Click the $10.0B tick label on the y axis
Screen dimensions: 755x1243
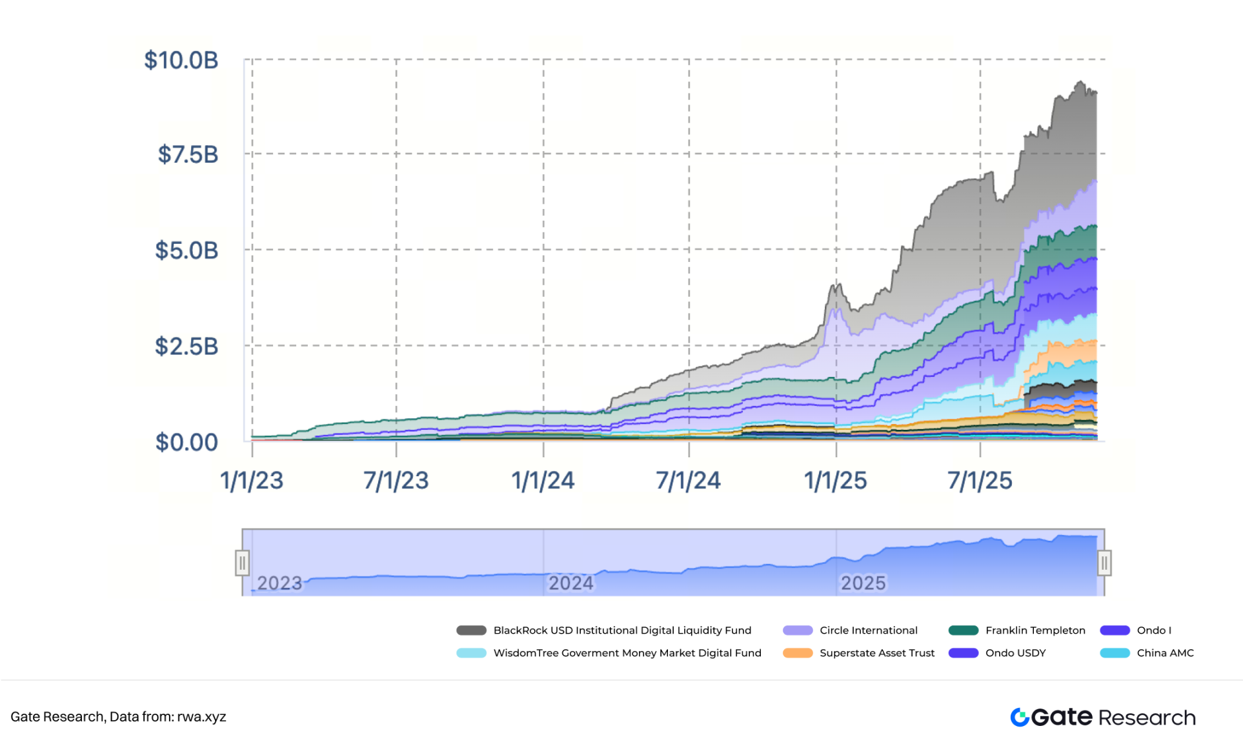pyautogui.click(x=181, y=60)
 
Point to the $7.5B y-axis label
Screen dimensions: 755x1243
pyautogui.click(x=188, y=155)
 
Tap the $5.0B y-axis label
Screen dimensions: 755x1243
pyautogui.click(x=187, y=250)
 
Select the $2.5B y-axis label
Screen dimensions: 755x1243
pyautogui.click(x=187, y=347)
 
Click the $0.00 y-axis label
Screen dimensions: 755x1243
pyautogui.click(x=187, y=443)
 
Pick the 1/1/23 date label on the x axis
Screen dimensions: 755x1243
pyautogui.click(x=252, y=481)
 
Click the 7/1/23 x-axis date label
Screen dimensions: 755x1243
pyautogui.click(x=396, y=481)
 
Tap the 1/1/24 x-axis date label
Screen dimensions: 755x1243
pyautogui.click(x=543, y=481)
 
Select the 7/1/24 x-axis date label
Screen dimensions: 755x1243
pyautogui.click(x=688, y=481)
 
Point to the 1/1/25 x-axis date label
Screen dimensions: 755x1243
pyautogui.click(x=835, y=481)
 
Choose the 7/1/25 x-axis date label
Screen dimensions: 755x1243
pyautogui.click(x=980, y=481)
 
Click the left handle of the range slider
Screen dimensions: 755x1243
pyautogui.click(x=243, y=563)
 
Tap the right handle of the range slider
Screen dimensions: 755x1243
pyautogui.click(x=1104, y=563)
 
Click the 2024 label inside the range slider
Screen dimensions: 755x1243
pyautogui.click(x=571, y=583)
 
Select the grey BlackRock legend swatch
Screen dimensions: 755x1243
pyautogui.click(x=471, y=630)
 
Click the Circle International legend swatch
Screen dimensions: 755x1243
pyautogui.click(x=798, y=630)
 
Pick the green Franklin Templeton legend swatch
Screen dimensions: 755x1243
pyautogui.click(x=964, y=630)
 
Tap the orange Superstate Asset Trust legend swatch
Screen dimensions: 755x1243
pyautogui.click(x=798, y=653)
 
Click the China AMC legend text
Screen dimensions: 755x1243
pyautogui.click(x=1165, y=653)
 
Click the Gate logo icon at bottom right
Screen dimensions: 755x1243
pyautogui.click(x=1020, y=717)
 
